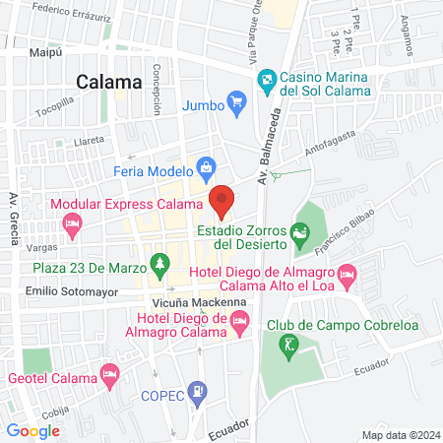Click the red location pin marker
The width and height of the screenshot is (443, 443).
pyautogui.click(x=221, y=200)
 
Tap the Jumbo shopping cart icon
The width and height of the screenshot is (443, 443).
pyautogui.click(x=236, y=100)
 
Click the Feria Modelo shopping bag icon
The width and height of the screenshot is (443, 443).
pyautogui.click(x=205, y=165)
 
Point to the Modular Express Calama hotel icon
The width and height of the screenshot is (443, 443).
pyautogui.click(x=71, y=225)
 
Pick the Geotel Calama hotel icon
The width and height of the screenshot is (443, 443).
pyautogui.click(x=110, y=376)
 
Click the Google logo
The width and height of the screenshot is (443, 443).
pyautogui.click(x=32, y=430)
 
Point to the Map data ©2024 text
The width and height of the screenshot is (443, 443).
pyautogui.click(x=399, y=434)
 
